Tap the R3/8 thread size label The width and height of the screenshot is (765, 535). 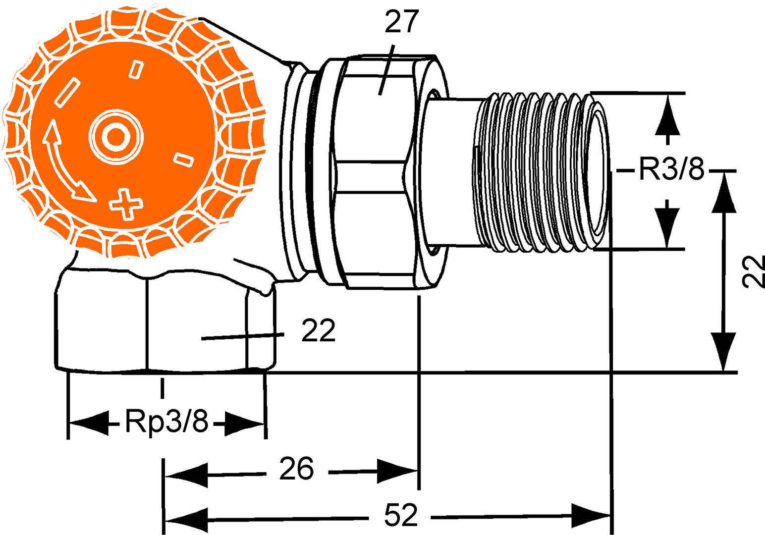[671, 171]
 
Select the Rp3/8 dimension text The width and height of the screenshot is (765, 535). [166, 423]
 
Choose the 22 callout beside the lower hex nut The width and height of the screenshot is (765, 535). [319, 331]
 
